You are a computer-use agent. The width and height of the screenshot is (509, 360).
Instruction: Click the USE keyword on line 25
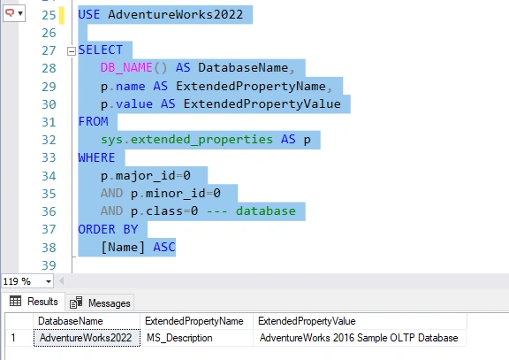click(x=89, y=15)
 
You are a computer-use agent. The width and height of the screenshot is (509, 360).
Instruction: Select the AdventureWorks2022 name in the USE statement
click(x=175, y=15)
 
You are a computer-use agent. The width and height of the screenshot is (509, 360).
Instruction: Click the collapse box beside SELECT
click(x=72, y=51)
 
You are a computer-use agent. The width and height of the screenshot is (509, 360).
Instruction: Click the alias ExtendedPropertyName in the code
click(x=251, y=86)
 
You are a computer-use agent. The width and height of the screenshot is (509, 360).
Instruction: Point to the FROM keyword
click(x=93, y=121)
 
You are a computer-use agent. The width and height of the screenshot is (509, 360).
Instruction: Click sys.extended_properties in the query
click(x=186, y=140)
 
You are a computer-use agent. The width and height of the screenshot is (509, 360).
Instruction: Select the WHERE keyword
click(x=96, y=157)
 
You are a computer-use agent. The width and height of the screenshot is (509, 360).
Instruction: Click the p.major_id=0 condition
click(x=146, y=176)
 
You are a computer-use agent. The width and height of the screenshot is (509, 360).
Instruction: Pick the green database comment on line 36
click(x=266, y=211)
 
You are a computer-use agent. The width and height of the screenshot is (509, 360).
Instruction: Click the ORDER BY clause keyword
click(x=108, y=229)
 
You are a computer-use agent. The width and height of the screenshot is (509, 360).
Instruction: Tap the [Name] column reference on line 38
click(x=123, y=248)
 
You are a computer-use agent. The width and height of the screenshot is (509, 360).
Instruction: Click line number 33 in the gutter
click(x=49, y=157)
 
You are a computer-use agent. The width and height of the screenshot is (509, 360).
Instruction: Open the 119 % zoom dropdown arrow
click(x=49, y=281)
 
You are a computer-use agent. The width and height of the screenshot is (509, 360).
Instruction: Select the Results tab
click(x=34, y=302)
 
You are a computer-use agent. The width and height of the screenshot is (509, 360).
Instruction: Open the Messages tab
click(x=100, y=303)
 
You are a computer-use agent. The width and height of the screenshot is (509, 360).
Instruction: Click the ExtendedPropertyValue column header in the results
click(x=307, y=321)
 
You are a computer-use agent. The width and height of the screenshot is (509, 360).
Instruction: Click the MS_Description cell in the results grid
click(x=179, y=338)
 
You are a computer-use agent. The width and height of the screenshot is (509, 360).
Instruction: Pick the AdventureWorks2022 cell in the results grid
click(x=86, y=338)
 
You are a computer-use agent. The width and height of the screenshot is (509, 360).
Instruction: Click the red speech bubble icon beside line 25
click(x=10, y=13)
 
